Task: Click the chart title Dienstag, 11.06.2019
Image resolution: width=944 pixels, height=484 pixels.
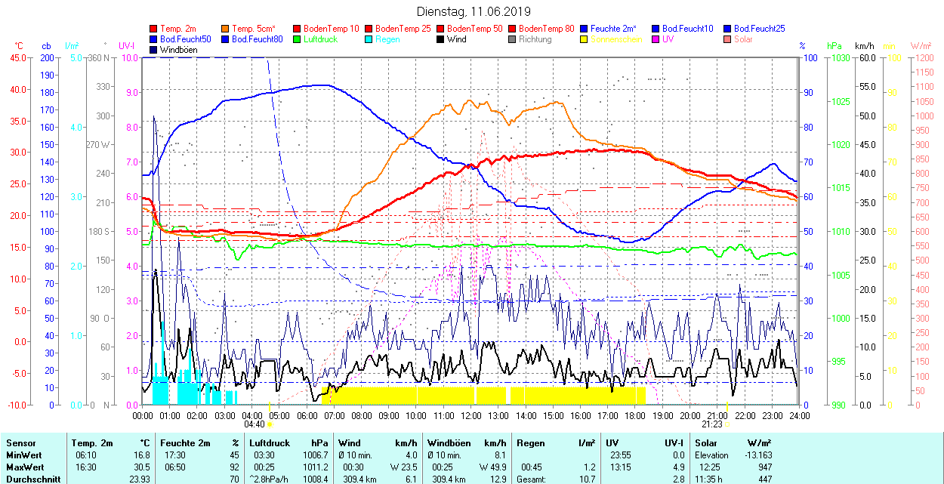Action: point(474,11)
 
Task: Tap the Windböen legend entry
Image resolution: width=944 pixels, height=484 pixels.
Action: point(178,50)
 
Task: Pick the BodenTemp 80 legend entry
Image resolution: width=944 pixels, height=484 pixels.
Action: point(546,29)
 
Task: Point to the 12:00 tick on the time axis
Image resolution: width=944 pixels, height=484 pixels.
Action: point(471,415)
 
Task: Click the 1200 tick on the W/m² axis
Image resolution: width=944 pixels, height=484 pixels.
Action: point(924,57)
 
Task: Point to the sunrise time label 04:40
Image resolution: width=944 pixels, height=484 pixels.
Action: point(255,424)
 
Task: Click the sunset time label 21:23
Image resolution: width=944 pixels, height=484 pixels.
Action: point(711,424)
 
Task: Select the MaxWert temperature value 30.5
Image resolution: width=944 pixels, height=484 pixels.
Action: point(141,467)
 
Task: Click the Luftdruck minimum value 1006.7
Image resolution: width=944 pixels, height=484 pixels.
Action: point(315,455)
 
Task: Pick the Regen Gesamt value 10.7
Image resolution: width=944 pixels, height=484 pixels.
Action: point(586,479)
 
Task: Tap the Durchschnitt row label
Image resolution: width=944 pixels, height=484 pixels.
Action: point(32,479)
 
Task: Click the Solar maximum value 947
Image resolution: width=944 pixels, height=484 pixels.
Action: point(765,467)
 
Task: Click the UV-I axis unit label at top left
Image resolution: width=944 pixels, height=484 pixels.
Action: point(127,46)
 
